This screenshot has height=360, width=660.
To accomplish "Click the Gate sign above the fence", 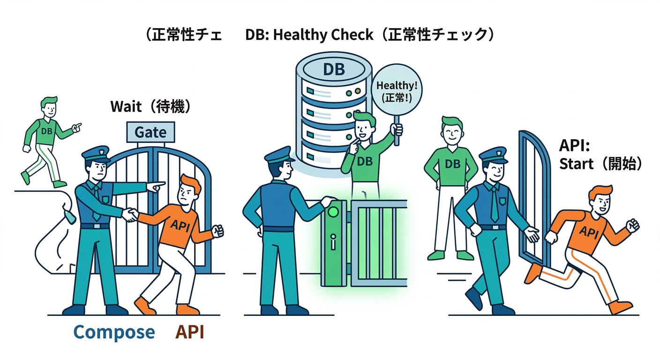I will tap(150, 132).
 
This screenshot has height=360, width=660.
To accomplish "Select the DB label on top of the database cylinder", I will tap(334, 69).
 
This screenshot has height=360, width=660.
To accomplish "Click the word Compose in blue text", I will tap(114, 332).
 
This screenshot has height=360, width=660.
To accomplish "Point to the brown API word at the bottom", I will tap(190, 332).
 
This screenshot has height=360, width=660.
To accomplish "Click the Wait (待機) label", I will tap(151, 106).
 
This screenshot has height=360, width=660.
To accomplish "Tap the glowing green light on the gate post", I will tap(333, 212).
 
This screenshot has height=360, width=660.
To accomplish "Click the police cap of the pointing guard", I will tap(96, 154).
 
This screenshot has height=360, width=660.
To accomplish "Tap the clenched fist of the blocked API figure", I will tap(218, 231).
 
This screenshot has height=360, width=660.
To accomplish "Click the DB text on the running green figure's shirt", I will tap(46, 131).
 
